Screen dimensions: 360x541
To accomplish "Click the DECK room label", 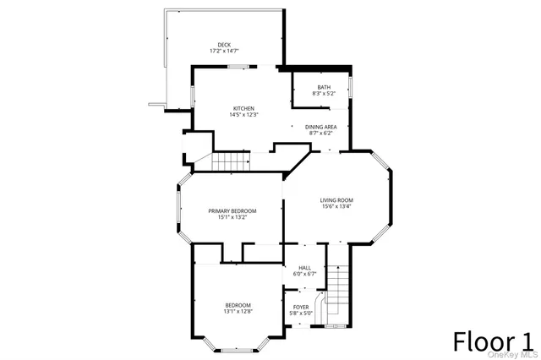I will point(223,45).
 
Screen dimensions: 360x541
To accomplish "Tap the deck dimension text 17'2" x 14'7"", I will point(223,52).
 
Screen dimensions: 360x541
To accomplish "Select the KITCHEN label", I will point(243,108).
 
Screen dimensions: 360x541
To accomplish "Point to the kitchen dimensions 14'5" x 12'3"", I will point(243,115).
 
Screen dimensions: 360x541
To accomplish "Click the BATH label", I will point(324,87).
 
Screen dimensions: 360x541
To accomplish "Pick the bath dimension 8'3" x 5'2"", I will point(324,94).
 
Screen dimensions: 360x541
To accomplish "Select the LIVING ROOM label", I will point(336,199).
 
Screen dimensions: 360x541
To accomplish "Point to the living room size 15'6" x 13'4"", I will point(336,206).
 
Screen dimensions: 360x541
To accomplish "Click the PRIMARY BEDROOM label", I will point(232,210).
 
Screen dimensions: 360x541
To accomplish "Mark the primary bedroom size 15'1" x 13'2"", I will point(232,217).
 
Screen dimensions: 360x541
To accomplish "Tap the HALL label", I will point(304,267).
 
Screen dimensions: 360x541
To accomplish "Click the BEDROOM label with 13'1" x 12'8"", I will point(238,305).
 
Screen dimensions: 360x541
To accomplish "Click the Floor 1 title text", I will point(494,341).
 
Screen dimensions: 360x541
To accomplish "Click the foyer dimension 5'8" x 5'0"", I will point(301,313).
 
